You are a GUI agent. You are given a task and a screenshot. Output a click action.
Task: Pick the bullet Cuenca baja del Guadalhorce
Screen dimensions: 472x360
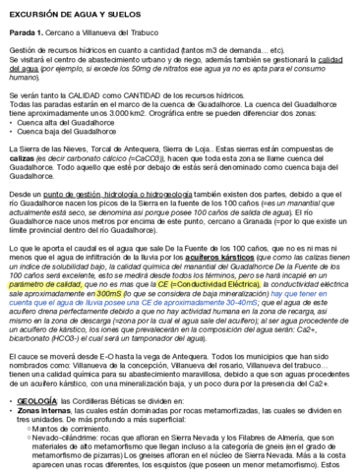61,146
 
